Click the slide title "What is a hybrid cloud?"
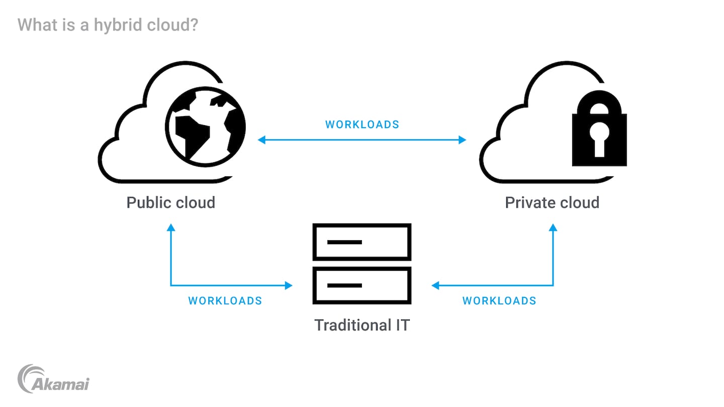pos(108,25)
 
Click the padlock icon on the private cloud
pos(599,130)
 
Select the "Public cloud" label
pos(170,202)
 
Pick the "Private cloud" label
pos(552,202)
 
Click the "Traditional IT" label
pos(362,325)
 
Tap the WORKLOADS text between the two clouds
pos(362,125)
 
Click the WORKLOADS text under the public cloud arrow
pos(225,301)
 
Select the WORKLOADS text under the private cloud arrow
pos(499,301)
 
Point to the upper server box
pos(362,242)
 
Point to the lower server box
pos(362,285)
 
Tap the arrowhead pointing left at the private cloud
pos(462,140)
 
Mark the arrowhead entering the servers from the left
pos(288,285)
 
